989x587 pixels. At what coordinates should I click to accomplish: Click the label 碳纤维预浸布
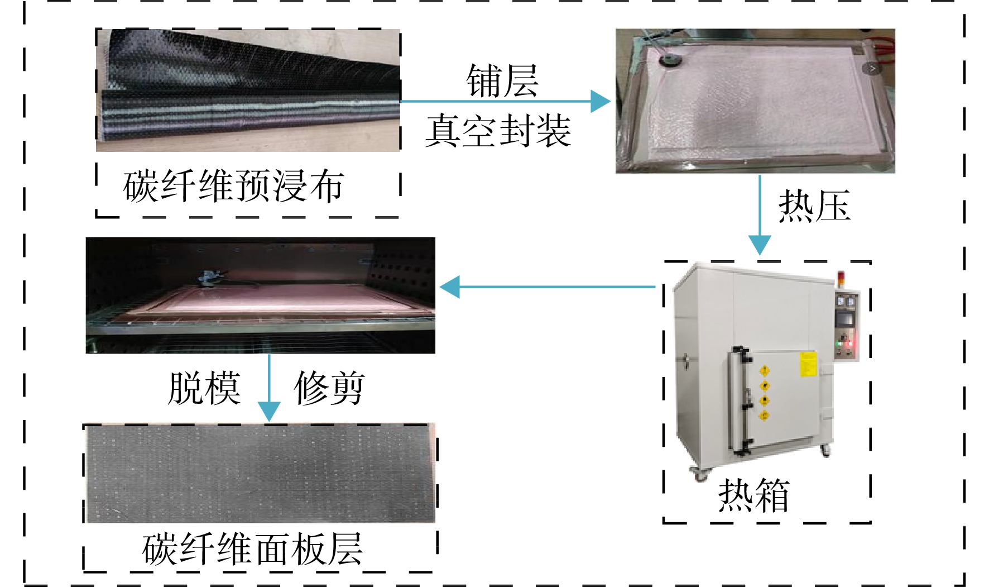[x=233, y=185]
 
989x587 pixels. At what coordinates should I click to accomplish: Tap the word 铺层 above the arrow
[x=502, y=80]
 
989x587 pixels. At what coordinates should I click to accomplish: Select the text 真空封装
[x=498, y=131]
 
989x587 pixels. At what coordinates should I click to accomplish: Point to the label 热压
[x=814, y=206]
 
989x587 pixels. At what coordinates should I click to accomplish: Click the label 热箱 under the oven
[x=754, y=495]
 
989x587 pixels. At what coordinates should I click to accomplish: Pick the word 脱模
[x=204, y=388]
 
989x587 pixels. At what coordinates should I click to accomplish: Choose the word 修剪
[x=329, y=388]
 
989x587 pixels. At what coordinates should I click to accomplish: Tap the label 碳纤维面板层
[x=252, y=550]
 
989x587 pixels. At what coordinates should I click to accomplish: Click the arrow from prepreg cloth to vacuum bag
[x=506, y=102]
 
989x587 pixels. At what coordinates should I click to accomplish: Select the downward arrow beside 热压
[x=760, y=216]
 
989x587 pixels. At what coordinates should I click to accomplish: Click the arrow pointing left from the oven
[x=548, y=287]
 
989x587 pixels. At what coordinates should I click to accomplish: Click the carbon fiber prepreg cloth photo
[x=248, y=90]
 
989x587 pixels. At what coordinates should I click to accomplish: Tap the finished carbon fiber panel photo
[x=260, y=474]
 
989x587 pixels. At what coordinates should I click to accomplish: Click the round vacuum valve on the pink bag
[x=668, y=59]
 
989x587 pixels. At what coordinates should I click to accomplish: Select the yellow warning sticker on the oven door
[x=808, y=364]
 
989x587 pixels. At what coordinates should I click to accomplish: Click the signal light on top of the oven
[x=842, y=280]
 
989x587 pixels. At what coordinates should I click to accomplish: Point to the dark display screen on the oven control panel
[x=843, y=320]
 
